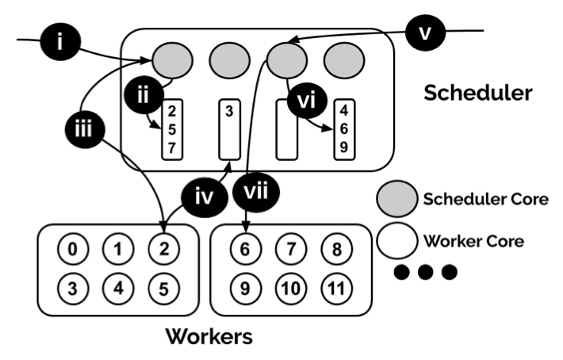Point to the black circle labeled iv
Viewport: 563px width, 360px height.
[x=205, y=196]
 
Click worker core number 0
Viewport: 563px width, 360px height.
[x=72, y=251]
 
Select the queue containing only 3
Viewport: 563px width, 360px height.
[x=228, y=129]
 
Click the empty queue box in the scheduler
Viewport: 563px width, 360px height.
[x=285, y=129]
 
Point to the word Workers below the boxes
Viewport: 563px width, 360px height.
[x=209, y=336]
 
